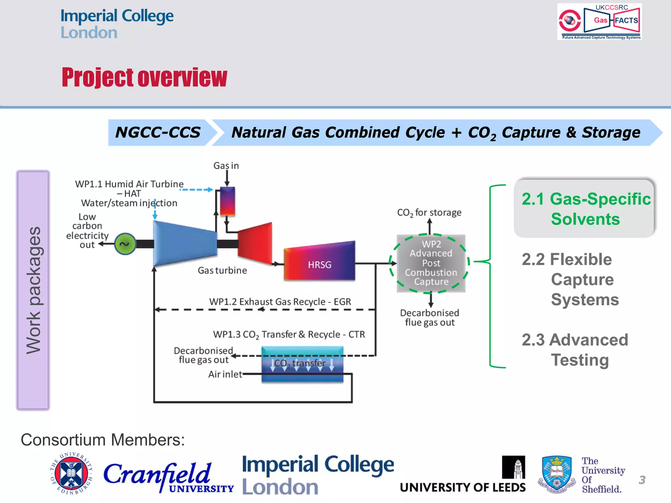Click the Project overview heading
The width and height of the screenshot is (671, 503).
coord(144,78)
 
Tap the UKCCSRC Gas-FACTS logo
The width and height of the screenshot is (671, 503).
coord(599,22)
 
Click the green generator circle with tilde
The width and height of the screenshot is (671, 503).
coord(125,244)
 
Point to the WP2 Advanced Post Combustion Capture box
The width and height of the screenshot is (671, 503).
coord(431,263)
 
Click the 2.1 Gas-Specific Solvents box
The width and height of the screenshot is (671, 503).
coord(585,209)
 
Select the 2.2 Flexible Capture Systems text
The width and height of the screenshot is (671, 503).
coord(570,279)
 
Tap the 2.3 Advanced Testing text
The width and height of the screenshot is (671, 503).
coord(575,350)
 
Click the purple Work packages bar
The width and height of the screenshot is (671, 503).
coord(33,290)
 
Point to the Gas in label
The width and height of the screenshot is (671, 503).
coord(226,166)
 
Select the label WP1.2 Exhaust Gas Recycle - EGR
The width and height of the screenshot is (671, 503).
coord(280,302)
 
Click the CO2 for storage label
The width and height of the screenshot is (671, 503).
coord(429,213)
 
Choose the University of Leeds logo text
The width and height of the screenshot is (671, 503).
coord(463,487)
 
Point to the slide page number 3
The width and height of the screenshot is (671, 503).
coord(642,480)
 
